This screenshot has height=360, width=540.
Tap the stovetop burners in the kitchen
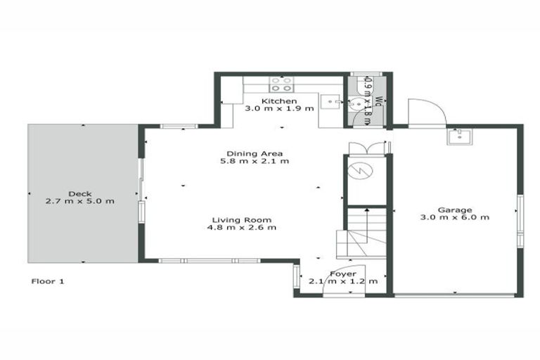click(281, 84)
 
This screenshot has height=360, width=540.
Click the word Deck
click(79, 193)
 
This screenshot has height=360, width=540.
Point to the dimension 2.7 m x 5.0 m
click(79, 201)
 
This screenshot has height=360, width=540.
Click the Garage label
click(454, 210)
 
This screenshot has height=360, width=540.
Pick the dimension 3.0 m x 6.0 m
click(454, 217)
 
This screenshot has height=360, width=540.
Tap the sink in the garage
click(458, 136)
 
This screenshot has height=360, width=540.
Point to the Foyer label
click(343, 274)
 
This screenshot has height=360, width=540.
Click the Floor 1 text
click(49, 281)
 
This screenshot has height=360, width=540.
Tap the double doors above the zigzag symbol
click(367, 148)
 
